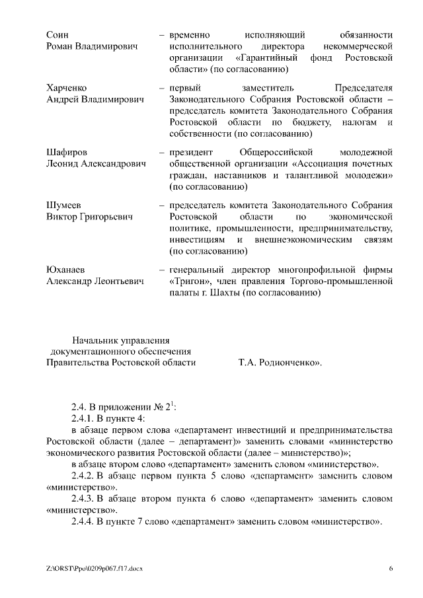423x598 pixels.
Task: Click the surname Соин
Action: [58, 34]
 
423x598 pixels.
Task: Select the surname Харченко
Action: [66, 87]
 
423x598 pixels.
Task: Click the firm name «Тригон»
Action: [190, 281]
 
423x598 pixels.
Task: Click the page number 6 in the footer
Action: [391, 568]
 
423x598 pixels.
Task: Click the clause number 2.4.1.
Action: [83, 418]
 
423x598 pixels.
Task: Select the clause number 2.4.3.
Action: [83, 498]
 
